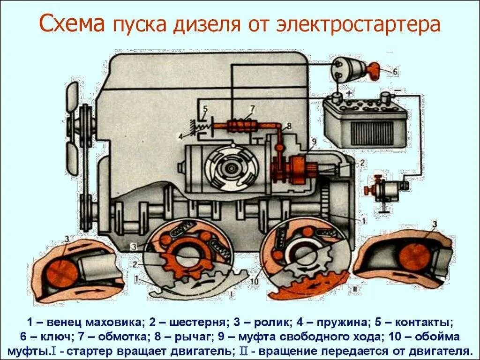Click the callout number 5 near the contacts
(204, 110)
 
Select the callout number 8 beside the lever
(289, 126)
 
